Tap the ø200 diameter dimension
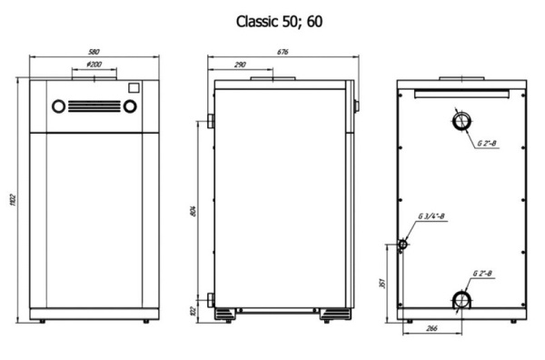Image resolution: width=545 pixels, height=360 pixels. [x=94, y=66]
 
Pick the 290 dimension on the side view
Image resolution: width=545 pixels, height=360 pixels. [x=241, y=66]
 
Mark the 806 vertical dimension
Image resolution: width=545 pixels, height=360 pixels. [x=193, y=211]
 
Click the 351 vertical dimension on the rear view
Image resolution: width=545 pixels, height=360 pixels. [x=381, y=283]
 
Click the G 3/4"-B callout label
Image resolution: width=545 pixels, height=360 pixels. [x=433, y=216]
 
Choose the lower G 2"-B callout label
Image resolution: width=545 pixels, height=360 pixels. [x=485, y=273]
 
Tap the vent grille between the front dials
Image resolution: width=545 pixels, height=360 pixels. [x=94, y=104]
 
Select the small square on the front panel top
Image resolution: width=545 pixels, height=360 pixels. [x=133, y=88]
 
